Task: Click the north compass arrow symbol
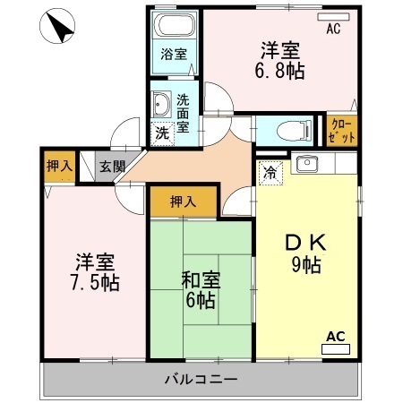coord(59,28)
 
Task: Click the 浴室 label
coord(174,55)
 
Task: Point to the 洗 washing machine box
coord(162,133)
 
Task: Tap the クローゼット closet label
coord(341,130)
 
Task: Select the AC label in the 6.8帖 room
coord(333,29)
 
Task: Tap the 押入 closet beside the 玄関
coord(58,166)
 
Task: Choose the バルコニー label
coord(201,379)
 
